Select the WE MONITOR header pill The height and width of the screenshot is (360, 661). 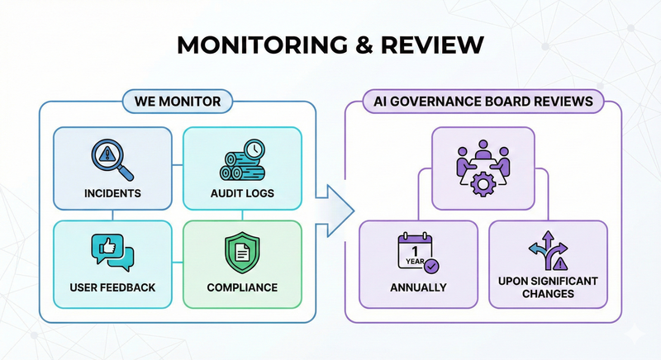point(177,102)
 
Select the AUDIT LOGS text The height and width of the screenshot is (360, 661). point(240,194)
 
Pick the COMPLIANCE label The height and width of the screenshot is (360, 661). point(240,288)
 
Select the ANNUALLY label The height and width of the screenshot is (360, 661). point(418,288)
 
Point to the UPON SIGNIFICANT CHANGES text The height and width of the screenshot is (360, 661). point(549,287)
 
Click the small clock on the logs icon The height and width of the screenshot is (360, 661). point(254,149)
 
